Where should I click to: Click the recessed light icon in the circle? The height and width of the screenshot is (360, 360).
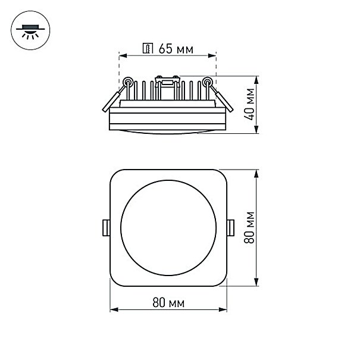[30, 30]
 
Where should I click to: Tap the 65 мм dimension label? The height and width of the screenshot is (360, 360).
[176, 49]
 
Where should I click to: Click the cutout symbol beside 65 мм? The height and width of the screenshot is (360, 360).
[148, 48]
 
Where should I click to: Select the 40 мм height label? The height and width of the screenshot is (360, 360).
[249, 104]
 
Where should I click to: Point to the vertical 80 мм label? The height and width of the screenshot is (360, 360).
[249, 227]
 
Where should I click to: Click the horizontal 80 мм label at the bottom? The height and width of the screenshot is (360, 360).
[168, 302]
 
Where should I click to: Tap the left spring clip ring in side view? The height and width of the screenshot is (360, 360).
[128, 82]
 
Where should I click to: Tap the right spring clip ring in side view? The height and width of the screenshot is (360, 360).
[207, 82]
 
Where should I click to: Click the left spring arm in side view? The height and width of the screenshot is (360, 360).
[114, 98]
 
